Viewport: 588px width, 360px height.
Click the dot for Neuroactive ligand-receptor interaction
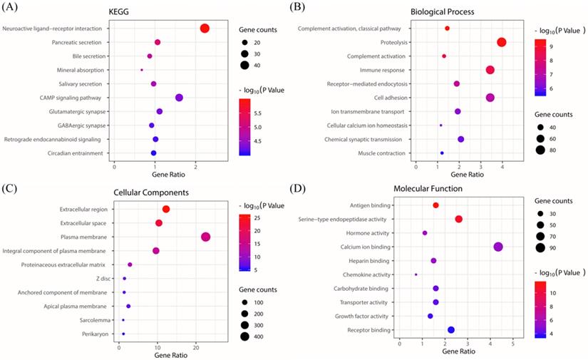[x=205, y=29]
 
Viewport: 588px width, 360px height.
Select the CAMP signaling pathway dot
[x=179, y=98]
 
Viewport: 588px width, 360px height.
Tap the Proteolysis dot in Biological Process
[x=502, y=43]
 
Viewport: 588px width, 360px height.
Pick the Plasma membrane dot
[x=206, y=237]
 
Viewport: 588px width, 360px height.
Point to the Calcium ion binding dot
[x=498, y=247]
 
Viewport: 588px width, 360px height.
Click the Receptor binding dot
[x=450, y=329]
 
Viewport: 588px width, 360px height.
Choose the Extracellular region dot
[x=166, y=209]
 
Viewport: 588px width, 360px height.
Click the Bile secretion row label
[x=87, y=56]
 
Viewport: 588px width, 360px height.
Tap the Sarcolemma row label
[x=93, y=320]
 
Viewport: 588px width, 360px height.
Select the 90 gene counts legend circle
[x=542, y=247]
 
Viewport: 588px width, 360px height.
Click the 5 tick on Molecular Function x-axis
[x=513, y=344]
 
